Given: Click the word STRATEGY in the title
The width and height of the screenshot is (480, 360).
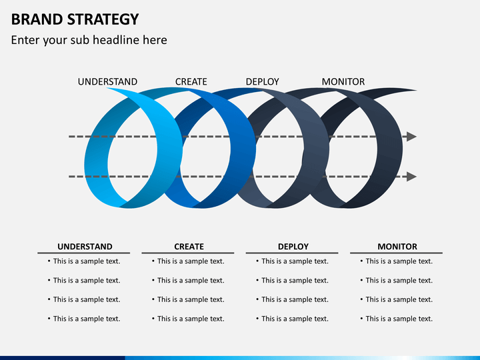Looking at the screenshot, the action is tap(103, 19).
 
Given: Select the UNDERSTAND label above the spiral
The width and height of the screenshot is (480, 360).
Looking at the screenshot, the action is tap(107, 82).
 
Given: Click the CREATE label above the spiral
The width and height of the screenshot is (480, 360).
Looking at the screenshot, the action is tap(191, 82).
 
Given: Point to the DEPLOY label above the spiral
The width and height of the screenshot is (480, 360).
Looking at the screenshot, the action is tap(263, 82).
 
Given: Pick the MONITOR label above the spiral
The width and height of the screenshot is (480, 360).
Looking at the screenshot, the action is tap(343, 82).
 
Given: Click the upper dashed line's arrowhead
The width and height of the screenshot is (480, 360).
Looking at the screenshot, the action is tap(412, 137).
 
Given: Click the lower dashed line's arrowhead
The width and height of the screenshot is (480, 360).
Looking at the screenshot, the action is tap(412, 177).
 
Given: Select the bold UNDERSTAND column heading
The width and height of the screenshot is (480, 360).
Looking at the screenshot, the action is tap(85, 247).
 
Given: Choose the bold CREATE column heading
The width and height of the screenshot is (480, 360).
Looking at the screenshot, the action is tap(189, 247).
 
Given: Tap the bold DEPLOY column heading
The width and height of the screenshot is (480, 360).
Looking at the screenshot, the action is tap(293, 247).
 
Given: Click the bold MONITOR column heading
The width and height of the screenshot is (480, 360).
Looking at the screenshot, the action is tap(397, 247).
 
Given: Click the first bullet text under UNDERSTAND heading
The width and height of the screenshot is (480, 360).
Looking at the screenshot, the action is tap(87, 261).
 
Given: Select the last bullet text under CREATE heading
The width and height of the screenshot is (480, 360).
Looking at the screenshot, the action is tap(191, 319).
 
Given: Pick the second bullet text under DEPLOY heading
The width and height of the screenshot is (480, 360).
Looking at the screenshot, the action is tap(295, 281).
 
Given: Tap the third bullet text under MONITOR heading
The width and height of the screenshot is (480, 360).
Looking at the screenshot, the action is tap(399, 299).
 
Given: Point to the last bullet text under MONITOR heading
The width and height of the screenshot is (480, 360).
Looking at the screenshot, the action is tap(399, 319).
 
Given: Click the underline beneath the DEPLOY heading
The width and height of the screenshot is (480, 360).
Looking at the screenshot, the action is tap(292, 253).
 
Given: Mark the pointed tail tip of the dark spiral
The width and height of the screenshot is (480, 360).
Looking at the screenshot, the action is tap(416, 90).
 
